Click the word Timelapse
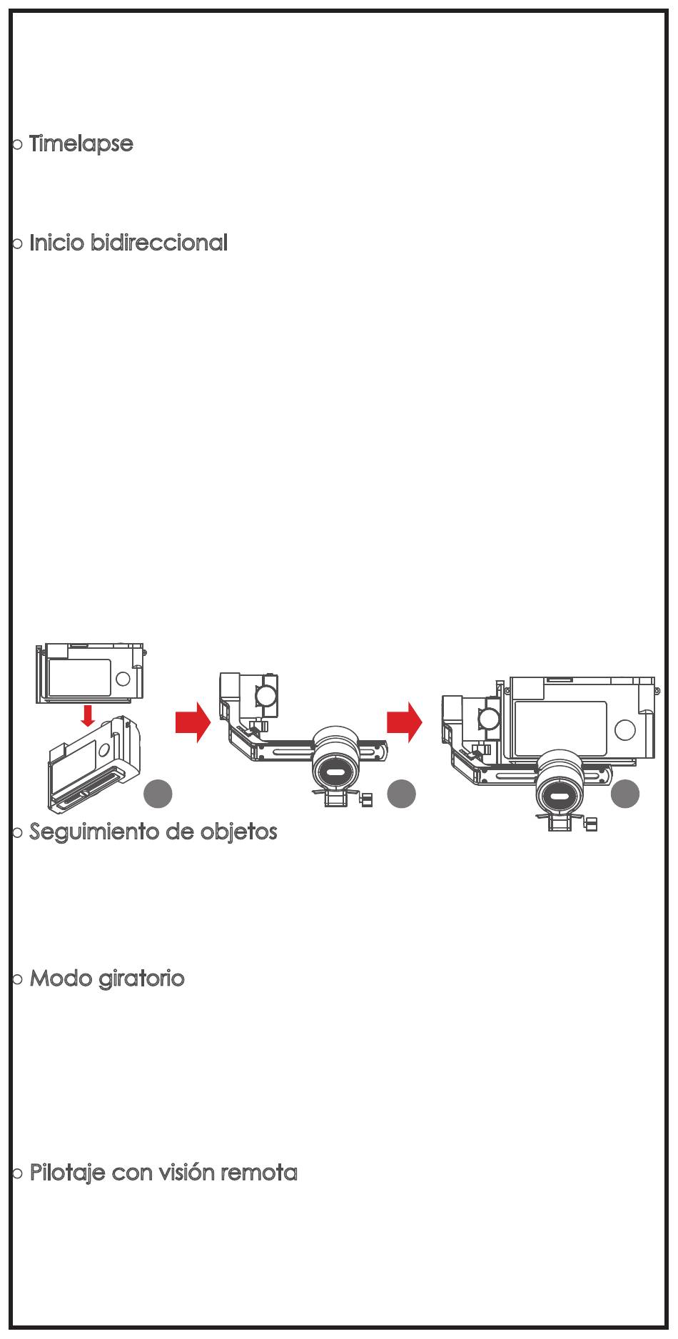pyautogui.click(x=81, y=143)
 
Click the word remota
pyautogui.click(x=263, y=1173)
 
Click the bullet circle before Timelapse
pyautogui.click(x=19, y=145)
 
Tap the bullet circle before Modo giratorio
pyautogui.click(x=19, y=979)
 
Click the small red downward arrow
pyautogui.click(x=88, y=716)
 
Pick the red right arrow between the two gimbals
pyautogui.click(x=404, y=722)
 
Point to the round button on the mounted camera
pyautogui.click(x=624, y=729)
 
